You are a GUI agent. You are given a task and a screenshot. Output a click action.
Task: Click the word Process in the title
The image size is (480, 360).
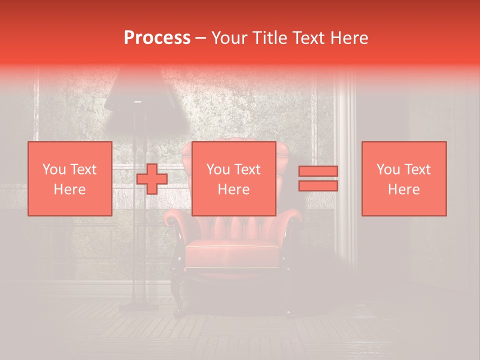[157, 38]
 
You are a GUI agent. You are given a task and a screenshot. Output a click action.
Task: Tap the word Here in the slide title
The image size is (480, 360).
[349, 38]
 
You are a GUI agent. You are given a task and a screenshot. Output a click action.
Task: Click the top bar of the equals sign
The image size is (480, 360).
[318, 171]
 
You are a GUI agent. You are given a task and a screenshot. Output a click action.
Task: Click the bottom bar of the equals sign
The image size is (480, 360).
[318, 186]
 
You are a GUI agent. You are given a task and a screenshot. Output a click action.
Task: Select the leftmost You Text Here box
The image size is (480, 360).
[69, 178]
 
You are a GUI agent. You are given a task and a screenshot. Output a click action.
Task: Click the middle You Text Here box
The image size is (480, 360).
[233, 178]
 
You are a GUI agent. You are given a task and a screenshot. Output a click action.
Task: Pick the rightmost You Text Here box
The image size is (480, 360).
[403, 178]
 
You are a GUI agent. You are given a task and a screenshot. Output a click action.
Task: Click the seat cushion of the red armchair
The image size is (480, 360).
[232, 247]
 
